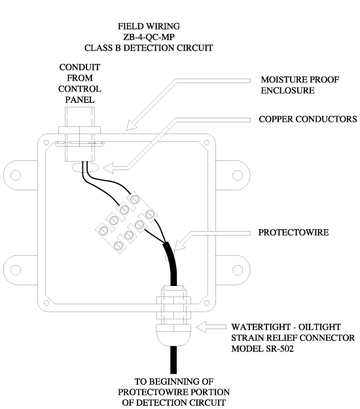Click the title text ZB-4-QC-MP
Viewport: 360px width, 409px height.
pos(149,37)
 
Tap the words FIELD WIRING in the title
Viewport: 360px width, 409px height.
pos(149,26)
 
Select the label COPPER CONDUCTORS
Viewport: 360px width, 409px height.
pos(308,119)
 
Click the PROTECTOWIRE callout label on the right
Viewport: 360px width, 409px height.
pos(293,232)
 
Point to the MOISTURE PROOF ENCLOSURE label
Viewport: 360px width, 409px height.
pos(300,85)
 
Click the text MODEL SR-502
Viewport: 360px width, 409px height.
pos(262,349)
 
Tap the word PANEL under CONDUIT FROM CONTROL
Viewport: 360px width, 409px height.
pos(80,99)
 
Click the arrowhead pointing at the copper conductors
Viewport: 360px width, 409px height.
pos(108,168)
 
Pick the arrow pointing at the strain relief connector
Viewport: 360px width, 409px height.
pos(211,327)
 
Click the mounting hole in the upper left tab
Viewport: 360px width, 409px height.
pos(16,175)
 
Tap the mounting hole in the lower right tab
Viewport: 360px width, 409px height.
pos(238,270)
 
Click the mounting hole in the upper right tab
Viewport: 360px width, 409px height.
pos(238,175)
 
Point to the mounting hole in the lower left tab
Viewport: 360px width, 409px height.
pos(16,270)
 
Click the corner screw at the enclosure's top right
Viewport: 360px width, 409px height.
pos(207,143)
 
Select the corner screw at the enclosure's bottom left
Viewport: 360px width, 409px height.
pos(46,303)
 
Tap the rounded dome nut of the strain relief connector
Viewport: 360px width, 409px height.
pos(173,335)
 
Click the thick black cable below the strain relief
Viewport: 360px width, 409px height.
pos(173,360)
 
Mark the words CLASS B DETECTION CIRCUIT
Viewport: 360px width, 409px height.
pos(149,48)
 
